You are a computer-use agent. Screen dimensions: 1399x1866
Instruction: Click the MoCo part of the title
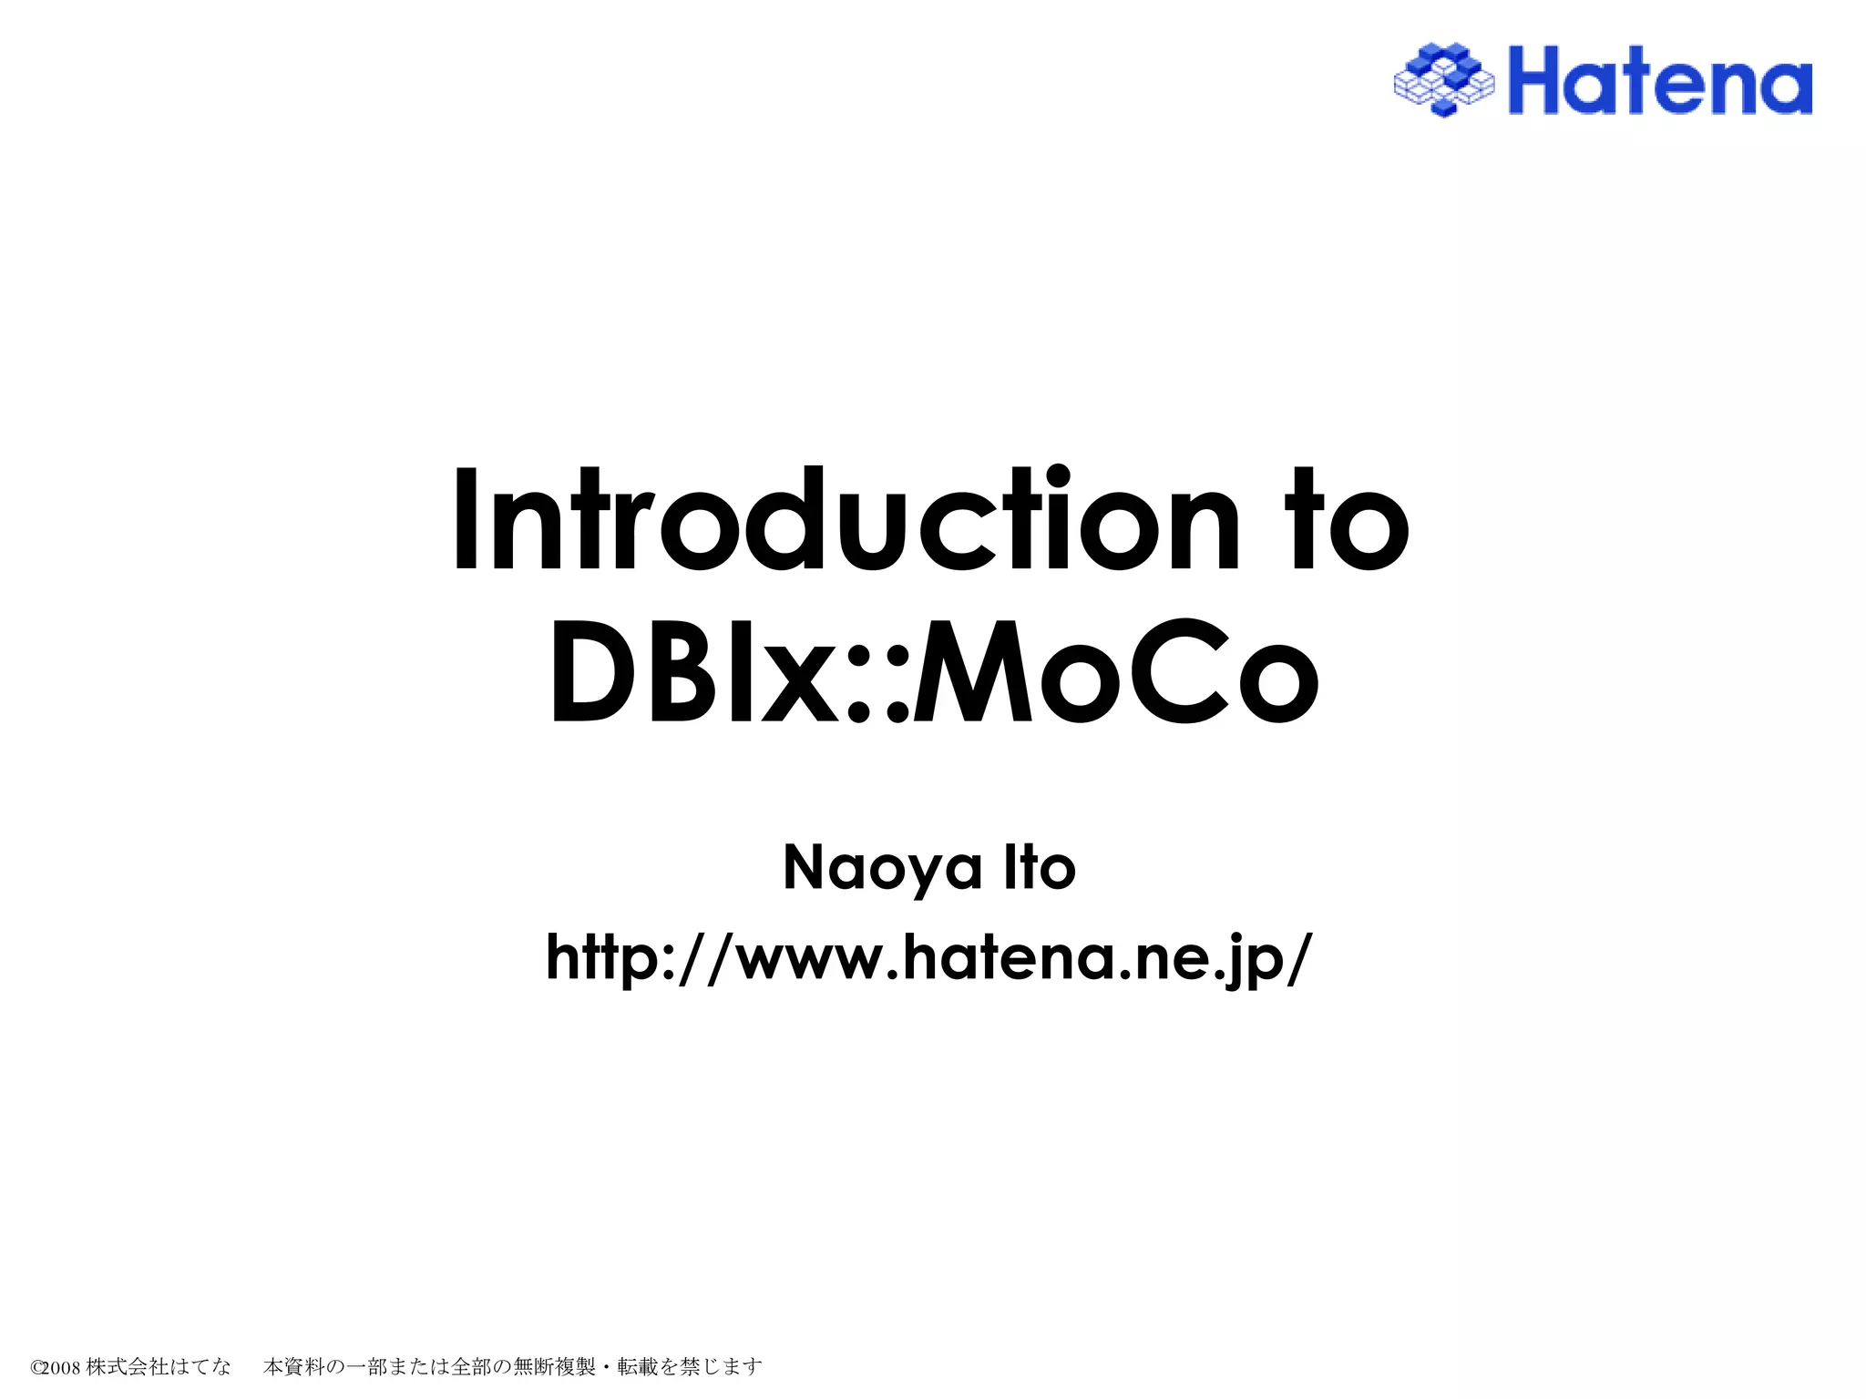pos(1115,672)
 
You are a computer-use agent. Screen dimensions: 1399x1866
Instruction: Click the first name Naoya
pos(882,868)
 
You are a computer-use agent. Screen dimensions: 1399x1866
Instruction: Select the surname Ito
pos(1040,868)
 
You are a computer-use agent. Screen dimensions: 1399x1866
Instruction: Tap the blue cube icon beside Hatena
pos(1444,80)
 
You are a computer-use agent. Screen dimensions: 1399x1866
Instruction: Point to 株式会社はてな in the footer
pos(159,1366)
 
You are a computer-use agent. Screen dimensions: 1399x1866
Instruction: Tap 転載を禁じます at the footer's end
pos(690,1366)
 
